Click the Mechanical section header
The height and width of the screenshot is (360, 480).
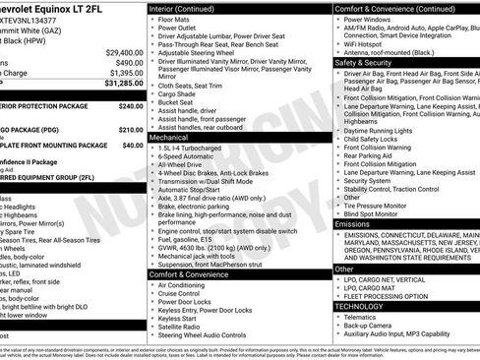(x=170, y=139)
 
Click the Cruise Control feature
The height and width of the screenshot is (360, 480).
(x=185, y=293)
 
